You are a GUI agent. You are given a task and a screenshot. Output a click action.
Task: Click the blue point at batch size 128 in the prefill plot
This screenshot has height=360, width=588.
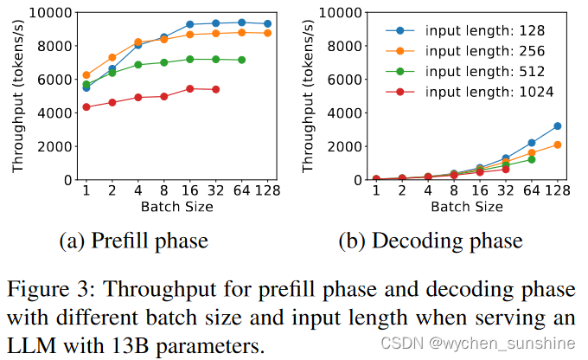click(267, 24)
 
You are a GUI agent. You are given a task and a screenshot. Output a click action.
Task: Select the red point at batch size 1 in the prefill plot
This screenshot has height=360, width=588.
click(86, 107)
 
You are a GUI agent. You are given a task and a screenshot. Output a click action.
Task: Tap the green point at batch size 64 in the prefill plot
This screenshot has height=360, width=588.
click(241, 60)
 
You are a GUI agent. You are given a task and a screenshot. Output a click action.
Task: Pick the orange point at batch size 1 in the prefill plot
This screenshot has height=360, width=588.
click(86, 75)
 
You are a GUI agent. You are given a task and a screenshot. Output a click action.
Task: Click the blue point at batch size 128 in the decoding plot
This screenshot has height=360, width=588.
click(558, 126)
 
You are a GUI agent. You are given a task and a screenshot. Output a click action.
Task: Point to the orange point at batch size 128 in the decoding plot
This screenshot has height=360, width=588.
click(558, 145)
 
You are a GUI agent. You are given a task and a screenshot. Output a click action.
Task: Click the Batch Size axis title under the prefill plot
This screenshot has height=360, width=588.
click(176, 208)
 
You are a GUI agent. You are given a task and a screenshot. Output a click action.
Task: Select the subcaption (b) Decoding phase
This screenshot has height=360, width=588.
click(447, 241)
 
